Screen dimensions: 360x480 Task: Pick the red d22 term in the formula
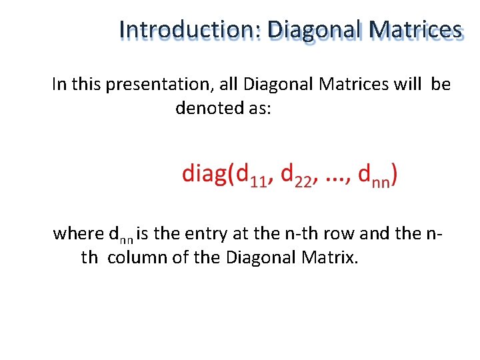(296, 176)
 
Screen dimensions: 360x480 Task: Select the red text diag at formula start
(205, 175)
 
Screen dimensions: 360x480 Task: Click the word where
(78, 234)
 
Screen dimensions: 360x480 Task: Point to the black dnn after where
(119, 235)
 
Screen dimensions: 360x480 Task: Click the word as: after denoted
(259, 108)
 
